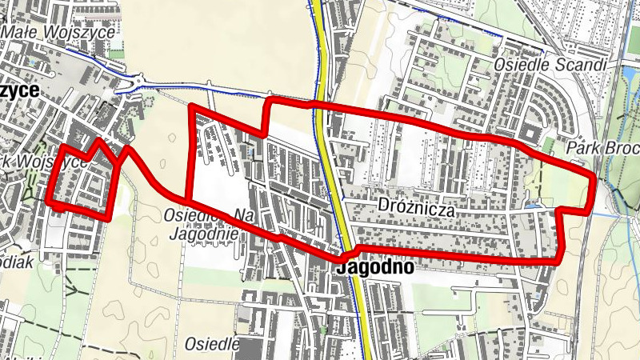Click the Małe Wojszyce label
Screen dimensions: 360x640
[58, 31]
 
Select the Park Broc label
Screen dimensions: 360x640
[601, 148]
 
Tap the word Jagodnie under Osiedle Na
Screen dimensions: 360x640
[203, 234]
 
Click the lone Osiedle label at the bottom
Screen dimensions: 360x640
[212, 344]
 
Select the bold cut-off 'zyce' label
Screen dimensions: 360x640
[19, 90]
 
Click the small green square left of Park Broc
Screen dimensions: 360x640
[549, 145]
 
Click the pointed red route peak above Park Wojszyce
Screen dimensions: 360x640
[98, 141]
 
